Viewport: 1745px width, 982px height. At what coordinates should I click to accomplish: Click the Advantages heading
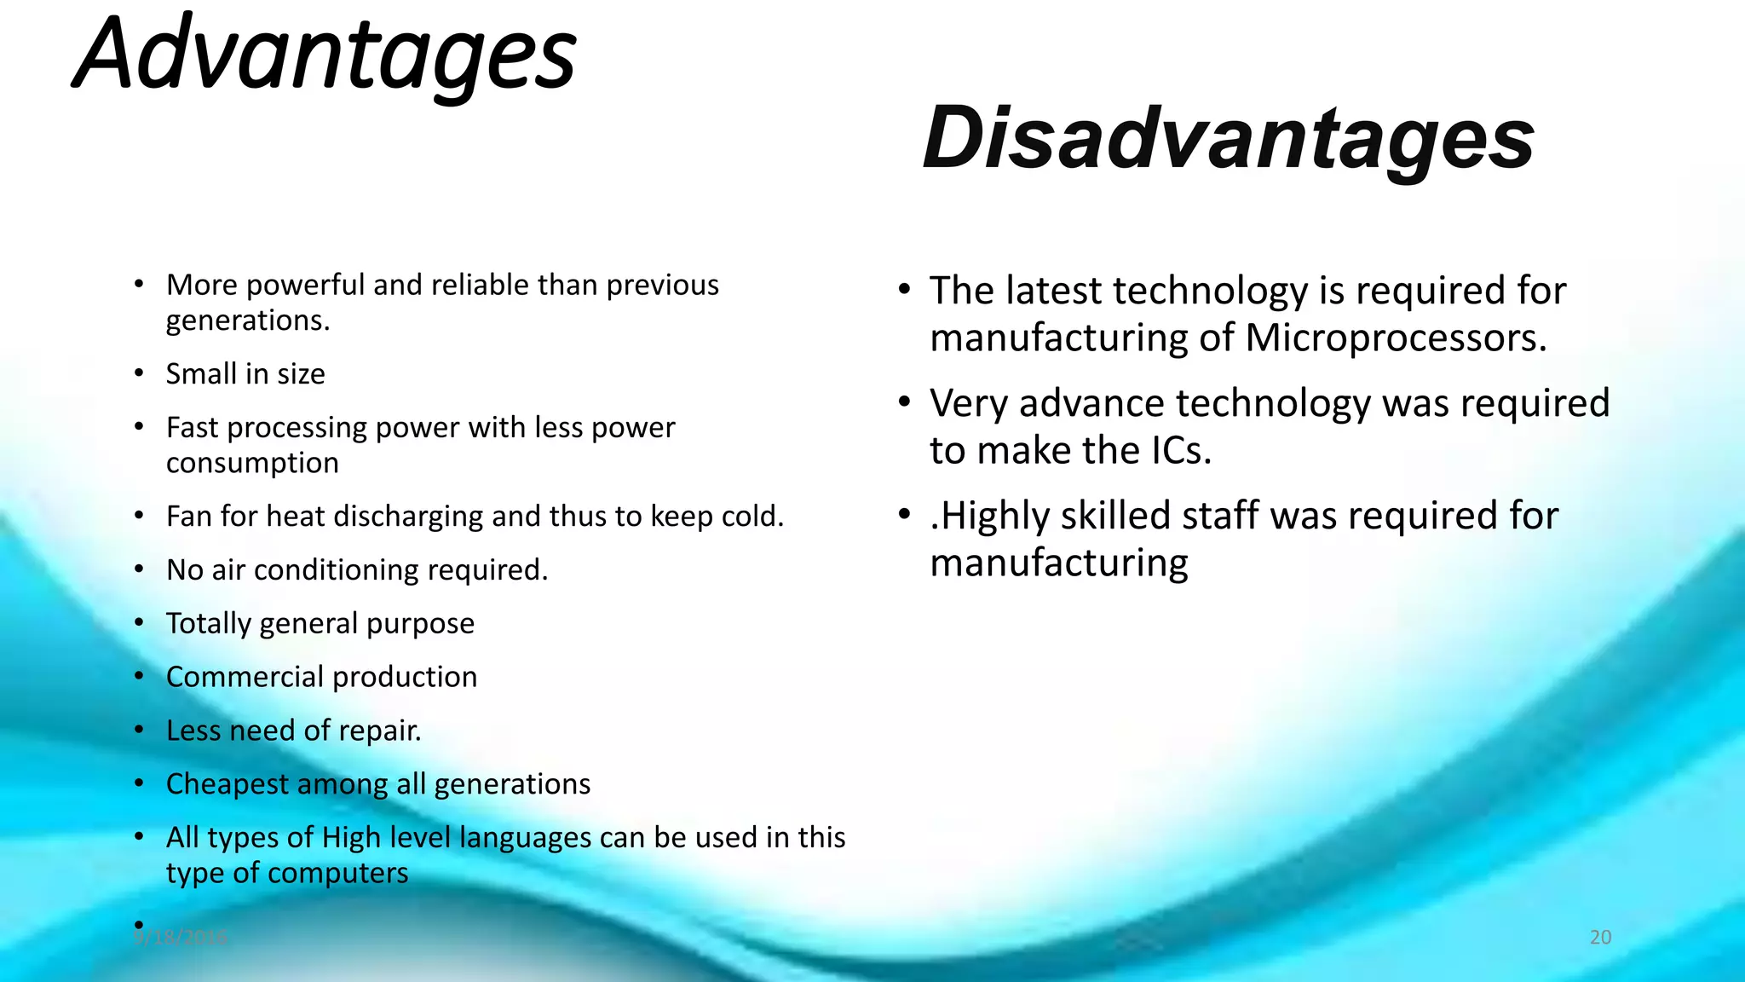325,55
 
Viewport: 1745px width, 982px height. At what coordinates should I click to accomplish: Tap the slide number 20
1600,938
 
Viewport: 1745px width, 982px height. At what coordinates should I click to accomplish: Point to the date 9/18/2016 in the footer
181,938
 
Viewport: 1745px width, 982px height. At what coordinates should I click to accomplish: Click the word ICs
1180,451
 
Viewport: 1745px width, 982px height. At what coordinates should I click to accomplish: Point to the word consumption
252,463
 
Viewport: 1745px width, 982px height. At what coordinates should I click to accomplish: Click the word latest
1053,292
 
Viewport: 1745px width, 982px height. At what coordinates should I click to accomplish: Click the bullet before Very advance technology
905,401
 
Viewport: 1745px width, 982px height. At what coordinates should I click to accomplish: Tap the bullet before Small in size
139,373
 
